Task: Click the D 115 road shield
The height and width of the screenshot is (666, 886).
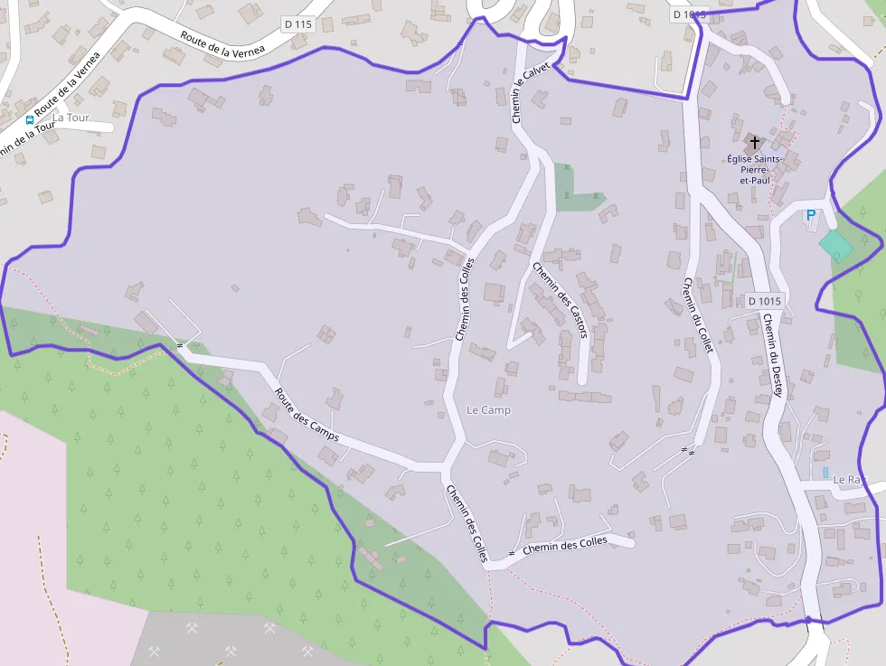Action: pos(298,25)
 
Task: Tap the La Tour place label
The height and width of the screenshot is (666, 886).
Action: pos(71,117)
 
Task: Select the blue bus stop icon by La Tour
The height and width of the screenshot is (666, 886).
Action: pos(30,119)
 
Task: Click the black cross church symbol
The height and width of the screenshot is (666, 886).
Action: pos(754,143)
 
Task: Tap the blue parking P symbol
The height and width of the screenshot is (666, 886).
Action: pos(810,215)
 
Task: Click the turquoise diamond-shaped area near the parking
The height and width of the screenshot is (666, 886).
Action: pos(835,243)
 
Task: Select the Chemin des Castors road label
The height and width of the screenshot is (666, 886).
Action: pos(561,300)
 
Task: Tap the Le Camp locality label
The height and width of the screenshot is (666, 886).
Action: pos(488,410)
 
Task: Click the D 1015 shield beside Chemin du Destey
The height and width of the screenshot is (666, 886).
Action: pos(764,301)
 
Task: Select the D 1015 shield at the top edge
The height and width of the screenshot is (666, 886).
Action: pos(688,14)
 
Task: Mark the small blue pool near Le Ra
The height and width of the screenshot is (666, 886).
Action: pos(825,473)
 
